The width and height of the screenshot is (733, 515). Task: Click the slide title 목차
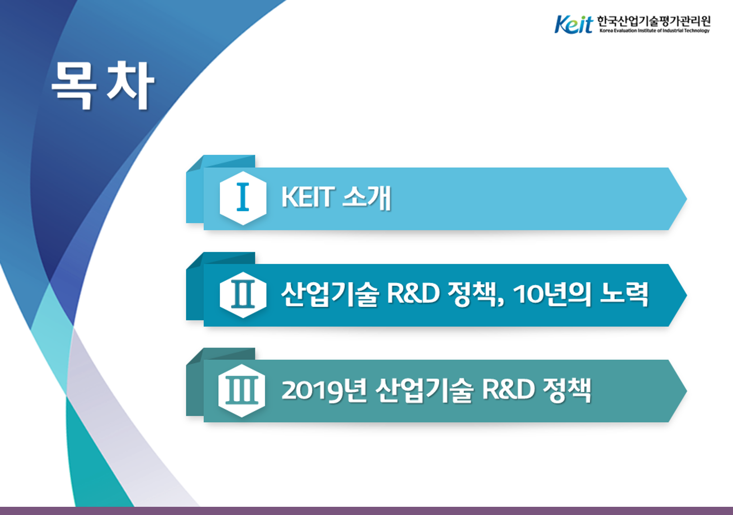103,85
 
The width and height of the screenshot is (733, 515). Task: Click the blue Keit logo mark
573,24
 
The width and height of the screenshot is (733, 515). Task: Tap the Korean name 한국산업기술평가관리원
654,21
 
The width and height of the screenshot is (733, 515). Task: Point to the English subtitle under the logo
655,31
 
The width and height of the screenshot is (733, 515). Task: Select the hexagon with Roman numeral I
243,198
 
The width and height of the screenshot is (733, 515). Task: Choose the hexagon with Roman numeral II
243,295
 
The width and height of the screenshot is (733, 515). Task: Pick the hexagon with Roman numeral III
242,390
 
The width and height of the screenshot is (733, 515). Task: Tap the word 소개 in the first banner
366,197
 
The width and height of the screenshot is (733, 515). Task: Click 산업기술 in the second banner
330,294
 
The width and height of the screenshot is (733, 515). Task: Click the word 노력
624,294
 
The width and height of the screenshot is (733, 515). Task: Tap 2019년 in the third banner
324,390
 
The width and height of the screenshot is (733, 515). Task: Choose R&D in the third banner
508,389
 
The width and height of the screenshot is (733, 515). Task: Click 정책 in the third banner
567,390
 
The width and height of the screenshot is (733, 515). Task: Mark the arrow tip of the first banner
686,198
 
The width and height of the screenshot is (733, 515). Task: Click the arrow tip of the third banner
686,391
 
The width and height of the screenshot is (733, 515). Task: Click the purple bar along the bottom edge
366,511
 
